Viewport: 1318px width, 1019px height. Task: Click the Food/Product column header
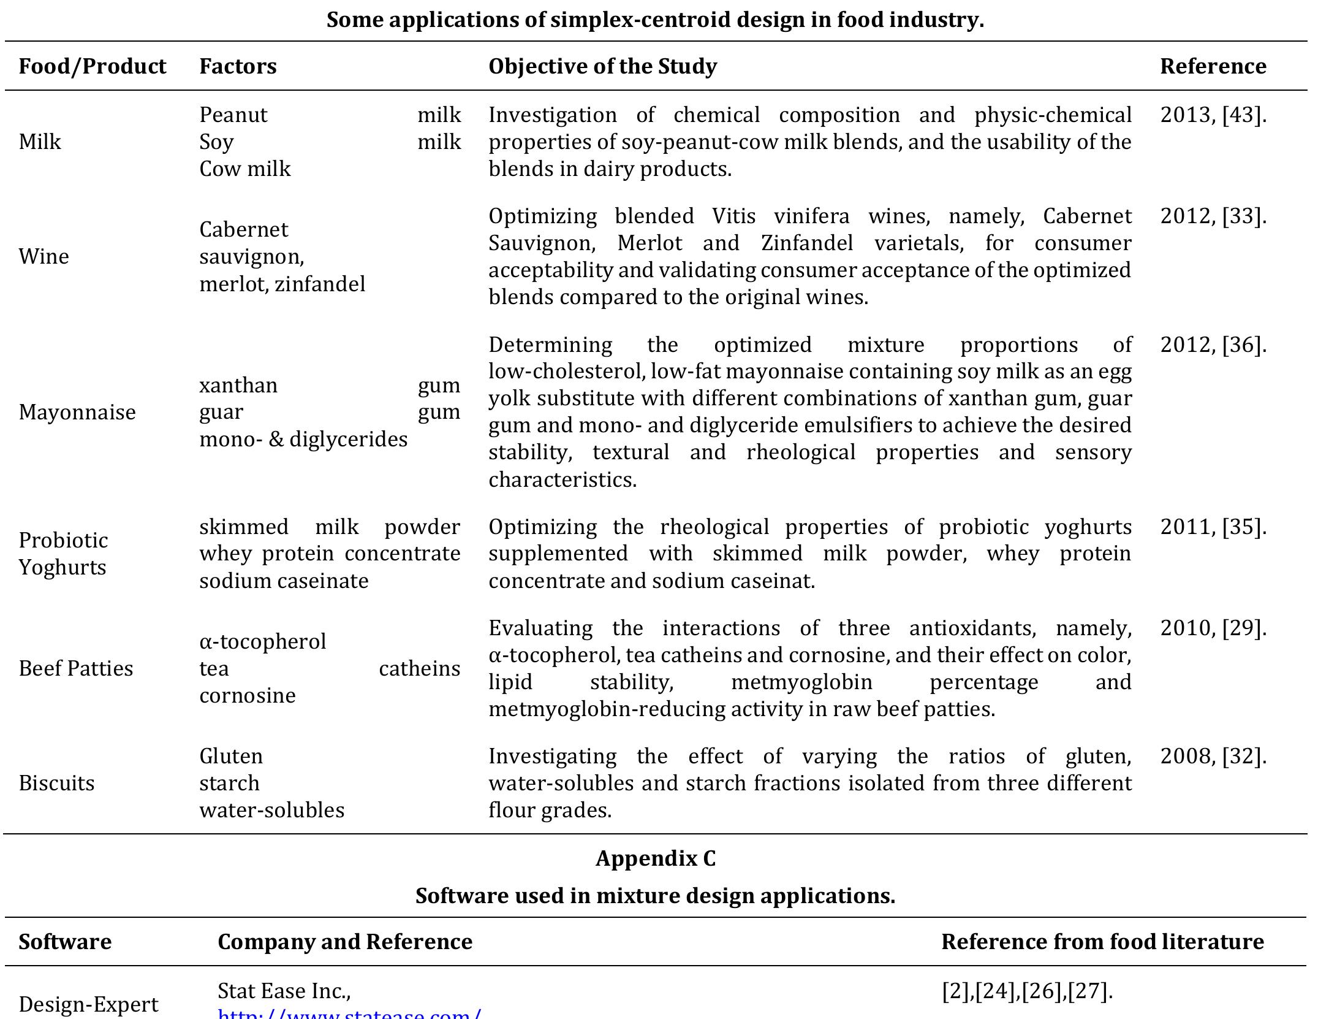point(92,66)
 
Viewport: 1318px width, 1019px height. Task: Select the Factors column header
point(238,66)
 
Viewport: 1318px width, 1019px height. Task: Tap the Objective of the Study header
point(602,66)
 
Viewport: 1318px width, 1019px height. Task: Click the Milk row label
point(40,142)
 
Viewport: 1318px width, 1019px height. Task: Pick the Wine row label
point(44,256)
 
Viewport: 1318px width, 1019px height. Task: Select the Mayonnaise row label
point(77,412)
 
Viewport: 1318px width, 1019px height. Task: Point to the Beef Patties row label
point(75,668)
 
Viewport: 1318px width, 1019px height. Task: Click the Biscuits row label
point(56,783)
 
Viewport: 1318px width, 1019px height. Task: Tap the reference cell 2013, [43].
point(1213,115)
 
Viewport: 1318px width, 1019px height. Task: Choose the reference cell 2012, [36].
point(1213,345)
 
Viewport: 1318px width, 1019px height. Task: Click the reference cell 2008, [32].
point(1213,756)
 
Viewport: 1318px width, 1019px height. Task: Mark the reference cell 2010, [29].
point(1213,628)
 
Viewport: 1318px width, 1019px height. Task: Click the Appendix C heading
point(655,858)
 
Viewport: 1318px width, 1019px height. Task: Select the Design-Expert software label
point(88,1004)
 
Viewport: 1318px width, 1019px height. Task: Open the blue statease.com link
point(349,1013)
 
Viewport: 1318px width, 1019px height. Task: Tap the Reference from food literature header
point(1102,941)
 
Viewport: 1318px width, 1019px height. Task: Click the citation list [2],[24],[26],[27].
point(1027,991)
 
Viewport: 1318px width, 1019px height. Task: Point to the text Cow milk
point(245,169)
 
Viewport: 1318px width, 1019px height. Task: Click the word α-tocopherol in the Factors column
point(263,641)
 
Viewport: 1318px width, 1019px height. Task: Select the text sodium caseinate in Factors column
point(284,581)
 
